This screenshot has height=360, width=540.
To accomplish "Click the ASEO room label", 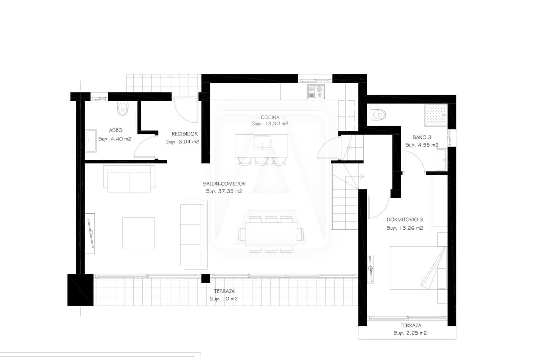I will pyautogui.click(x=115, y=130).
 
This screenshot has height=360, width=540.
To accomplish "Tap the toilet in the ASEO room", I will pyautogui.click(x=123, y=108).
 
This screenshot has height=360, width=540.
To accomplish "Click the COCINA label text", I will pyautogui.click(x=270, y=118).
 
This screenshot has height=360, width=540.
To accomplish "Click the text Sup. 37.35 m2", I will pyautogui.click(x=224, y=191).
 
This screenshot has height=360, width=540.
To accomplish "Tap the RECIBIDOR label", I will pyautogui.click(x=185, y=134).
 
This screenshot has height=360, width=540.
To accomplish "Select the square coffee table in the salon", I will pyautogui.click(x=138, y=233).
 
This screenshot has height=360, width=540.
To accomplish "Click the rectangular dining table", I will pyautogui.click(x=271, y=234).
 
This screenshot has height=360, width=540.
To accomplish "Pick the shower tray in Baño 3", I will pyautogui.click(x=435, y=115).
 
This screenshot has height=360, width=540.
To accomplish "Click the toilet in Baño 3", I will pyautogui.click(x=379, y=115).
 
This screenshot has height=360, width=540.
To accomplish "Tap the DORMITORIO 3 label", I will pyautogui.click(x=405, y=220).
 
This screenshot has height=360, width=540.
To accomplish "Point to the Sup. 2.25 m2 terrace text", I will pyautogui.click(x=410, y=333).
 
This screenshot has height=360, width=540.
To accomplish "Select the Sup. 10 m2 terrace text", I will pyautogui.click(x=223, y=299).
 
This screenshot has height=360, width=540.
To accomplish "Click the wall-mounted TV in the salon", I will pyautogui.click(x=90, y=233).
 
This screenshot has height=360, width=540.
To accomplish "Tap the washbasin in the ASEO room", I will pyautogui.click(x=91, y=140).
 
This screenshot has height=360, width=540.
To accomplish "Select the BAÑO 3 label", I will pyautogui.click(x=422, y=137).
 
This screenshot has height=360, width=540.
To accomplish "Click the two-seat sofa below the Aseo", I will pyautogui.click(x=129, y=179).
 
